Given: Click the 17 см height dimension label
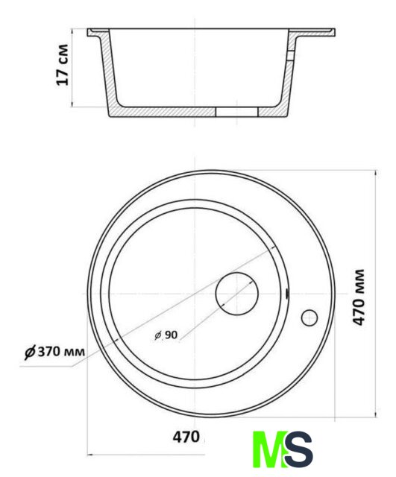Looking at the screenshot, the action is pyautogui.click(x=62, y=65).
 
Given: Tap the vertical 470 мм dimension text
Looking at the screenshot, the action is pyautogui.click(x=359, y=297).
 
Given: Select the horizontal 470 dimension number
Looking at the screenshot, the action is pyautogui.click(x=186, y=437).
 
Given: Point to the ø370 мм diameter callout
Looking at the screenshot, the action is pyautogui.click(x=54, y=352).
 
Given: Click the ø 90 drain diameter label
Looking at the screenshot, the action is pyautogui.click(x=166, y=335).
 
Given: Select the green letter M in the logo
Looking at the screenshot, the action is pyautogui.click(x=270, y=449).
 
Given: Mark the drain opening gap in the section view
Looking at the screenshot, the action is pyautogui.click(x=237, y=112).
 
